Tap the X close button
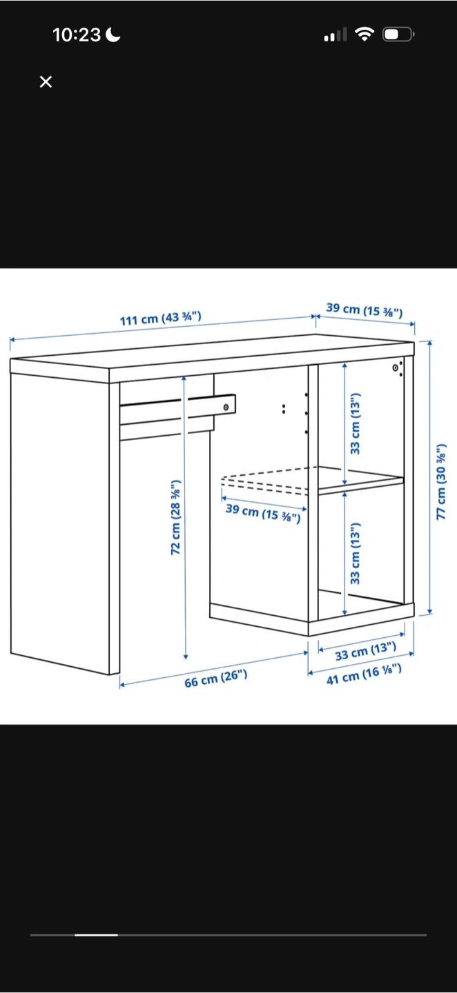46,81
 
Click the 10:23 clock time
77,35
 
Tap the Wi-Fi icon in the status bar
364,34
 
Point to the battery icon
398,34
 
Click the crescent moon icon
113,34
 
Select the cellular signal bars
336,34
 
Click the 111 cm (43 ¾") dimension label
161,318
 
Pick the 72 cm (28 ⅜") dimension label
176,516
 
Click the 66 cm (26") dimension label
215,679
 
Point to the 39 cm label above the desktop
364,310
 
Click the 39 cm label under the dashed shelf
263,512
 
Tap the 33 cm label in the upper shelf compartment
355,423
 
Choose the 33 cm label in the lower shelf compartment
355,553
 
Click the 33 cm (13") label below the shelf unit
365,650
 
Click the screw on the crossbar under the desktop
226,407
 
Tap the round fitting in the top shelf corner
395,368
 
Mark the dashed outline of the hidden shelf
265,480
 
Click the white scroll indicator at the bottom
96,935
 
